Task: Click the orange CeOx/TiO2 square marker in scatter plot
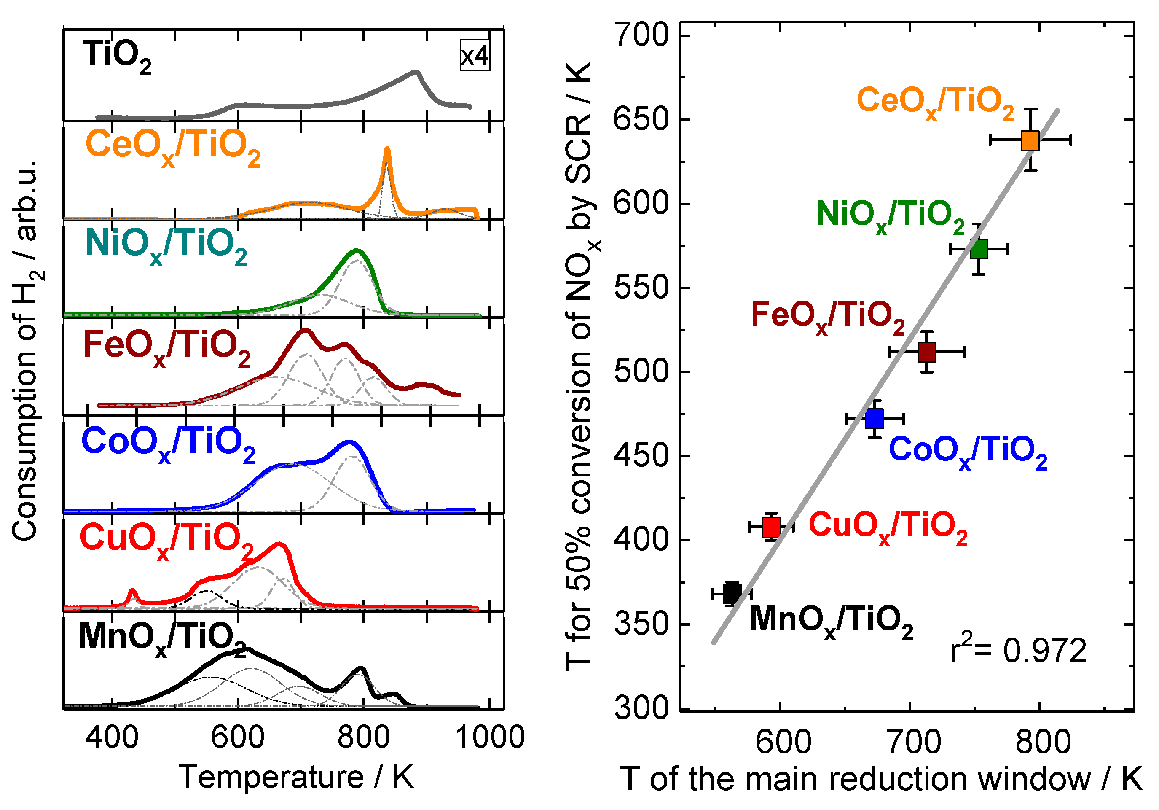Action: click(x=1030, y=140)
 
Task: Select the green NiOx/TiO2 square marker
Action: click(x=979, y=249)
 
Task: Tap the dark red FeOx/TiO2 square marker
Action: click(x=927, y=352)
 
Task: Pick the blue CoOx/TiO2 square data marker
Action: click(x=874, y=419)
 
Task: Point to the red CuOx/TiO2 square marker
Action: click(x=771, y=527)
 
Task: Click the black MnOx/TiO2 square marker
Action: click(x=732, y=593)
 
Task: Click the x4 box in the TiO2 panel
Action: click(x=475, y=55)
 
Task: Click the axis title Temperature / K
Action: click(x=296, y=777)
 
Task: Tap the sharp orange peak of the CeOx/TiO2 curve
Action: click(x=387, y=149)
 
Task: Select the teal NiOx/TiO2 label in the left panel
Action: click(x=166, y=246)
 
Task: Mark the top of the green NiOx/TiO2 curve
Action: click(x=357, y=250)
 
